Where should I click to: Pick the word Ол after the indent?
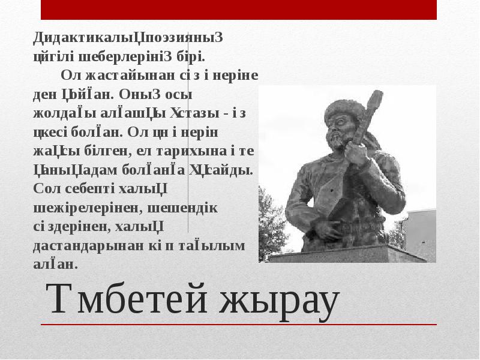70,76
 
